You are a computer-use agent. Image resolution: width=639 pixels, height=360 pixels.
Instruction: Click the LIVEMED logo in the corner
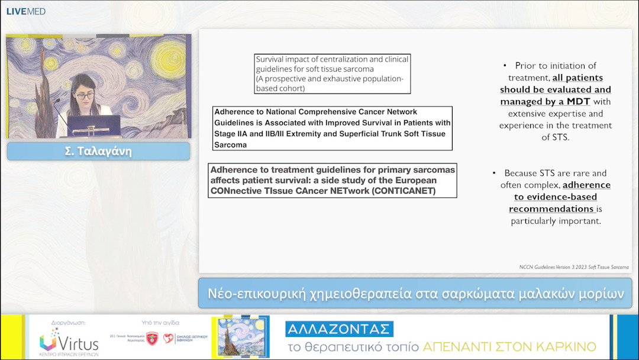click(x=25, y=11)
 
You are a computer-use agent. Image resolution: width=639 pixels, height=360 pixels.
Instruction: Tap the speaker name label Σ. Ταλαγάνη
click(x=98, y=151)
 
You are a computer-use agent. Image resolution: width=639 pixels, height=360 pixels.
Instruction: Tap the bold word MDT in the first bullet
click(x=578, y=101)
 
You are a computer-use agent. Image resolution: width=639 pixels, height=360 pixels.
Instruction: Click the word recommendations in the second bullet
click(x=551, y=208)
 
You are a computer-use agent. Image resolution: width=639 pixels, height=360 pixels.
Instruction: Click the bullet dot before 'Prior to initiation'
click(x=505, y=66)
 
